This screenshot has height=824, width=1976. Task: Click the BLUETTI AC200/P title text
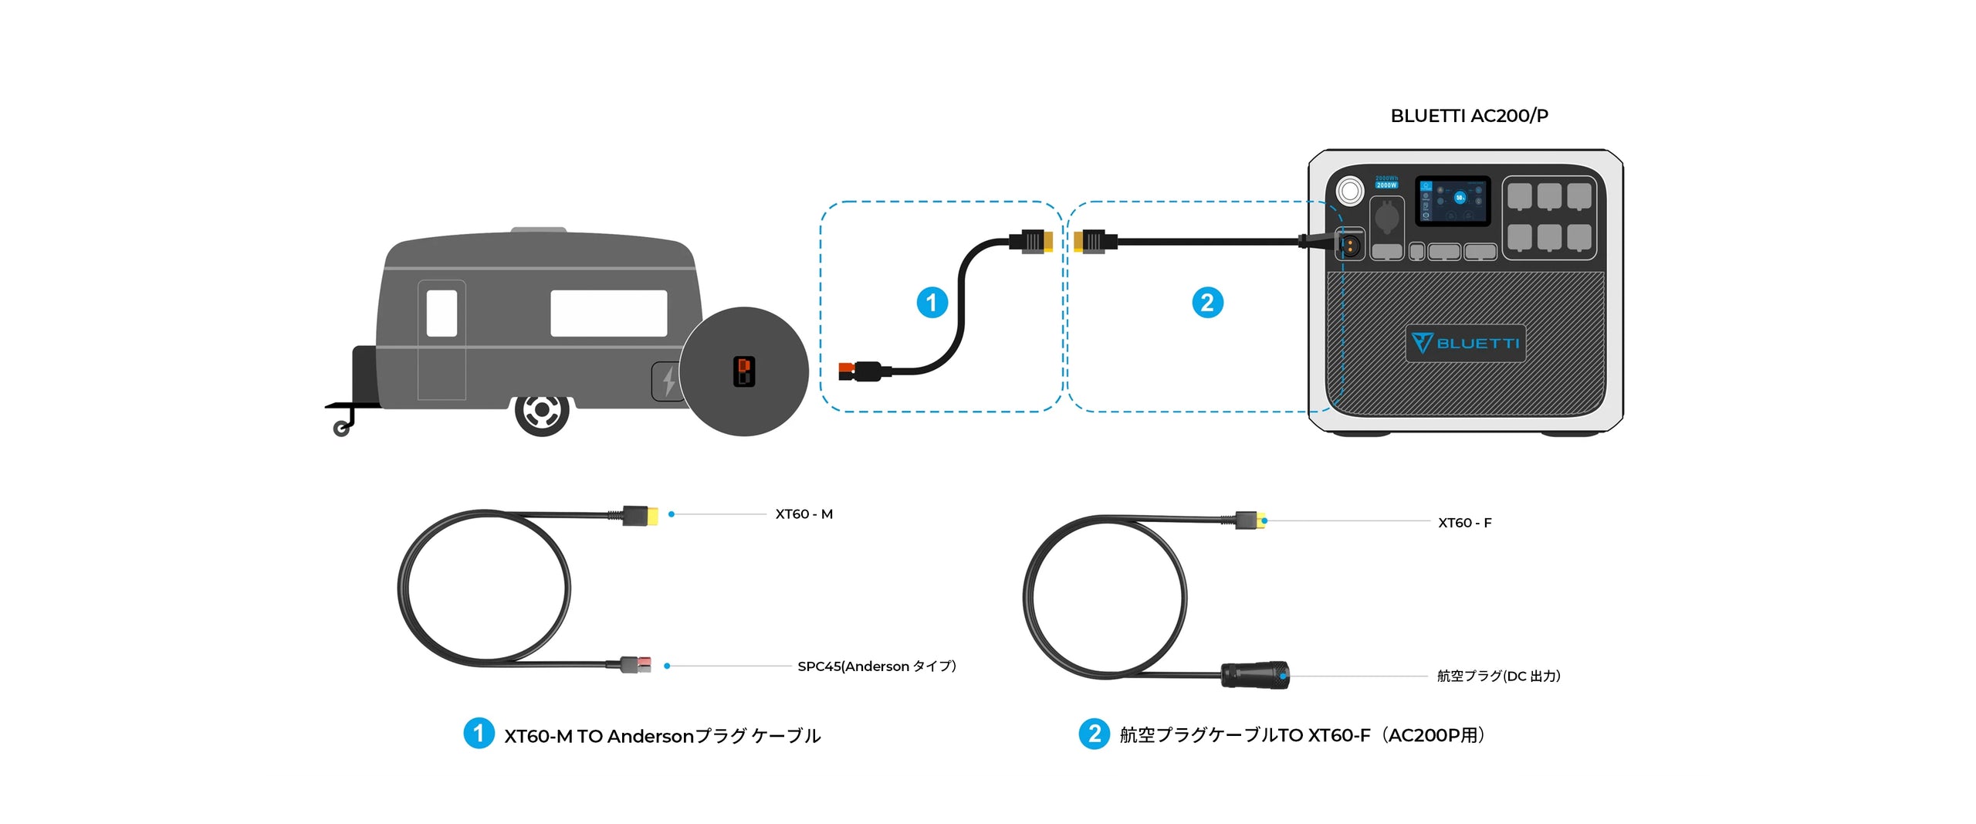click(x=1469, y=116)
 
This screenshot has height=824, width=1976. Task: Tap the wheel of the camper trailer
click(x=542, y=411)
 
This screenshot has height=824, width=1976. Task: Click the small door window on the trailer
click(x=442, y=313)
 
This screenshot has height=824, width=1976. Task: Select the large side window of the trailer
click(x=608, y=313)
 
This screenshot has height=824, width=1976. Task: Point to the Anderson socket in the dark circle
click(x=744, y=371)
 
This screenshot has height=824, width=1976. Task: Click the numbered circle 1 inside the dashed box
click(x=932, y=302)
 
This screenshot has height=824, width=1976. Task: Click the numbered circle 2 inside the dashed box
click(x=1207, y=302)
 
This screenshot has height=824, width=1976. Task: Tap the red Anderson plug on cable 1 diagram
click(x=847, y=371)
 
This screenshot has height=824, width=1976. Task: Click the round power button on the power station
click(x=1350, y=190)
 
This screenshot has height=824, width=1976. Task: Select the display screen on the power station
click(x=1451, y=201)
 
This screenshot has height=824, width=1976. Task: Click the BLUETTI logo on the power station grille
click(x=1465, y=343)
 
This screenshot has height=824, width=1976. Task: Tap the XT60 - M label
click(x=804, y=514)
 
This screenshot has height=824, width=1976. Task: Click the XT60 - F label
click(x=1464, y=523)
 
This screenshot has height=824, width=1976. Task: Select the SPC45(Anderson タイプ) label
click(x=876, y=666)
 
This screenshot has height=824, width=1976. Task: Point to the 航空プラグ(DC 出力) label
click(x=1498, y=676)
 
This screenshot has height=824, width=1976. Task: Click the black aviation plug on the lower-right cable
click(x=1254, y=675)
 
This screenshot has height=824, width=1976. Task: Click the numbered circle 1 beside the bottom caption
click(x=479, y=733)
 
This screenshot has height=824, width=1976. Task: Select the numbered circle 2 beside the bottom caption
click(x=1094, y=734)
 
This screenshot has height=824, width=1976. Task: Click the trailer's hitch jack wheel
click(x=341, y=429)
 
